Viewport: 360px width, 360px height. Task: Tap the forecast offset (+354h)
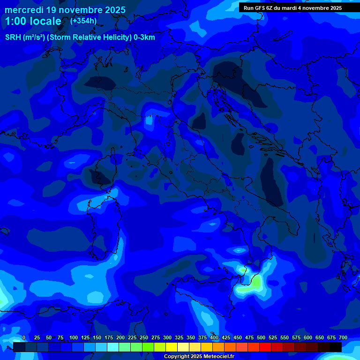(x=83, y=21)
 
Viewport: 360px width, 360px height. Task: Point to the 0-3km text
(x=144, y=37)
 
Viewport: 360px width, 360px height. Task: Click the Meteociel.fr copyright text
(x=199, y=356)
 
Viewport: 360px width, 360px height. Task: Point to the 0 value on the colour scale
(x=23, y=338)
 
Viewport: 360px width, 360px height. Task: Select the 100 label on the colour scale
(x=74, y=338)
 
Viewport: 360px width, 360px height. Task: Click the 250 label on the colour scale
(x=144, y=338)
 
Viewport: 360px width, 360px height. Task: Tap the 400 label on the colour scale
(x=214, y=338)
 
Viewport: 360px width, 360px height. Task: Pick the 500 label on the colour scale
(x=261, y=338)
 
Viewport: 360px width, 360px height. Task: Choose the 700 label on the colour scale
(x=343, y=338)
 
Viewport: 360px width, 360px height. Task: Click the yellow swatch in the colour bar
(x=172, y=347)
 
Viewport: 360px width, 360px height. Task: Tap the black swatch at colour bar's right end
(x=336, y=347)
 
